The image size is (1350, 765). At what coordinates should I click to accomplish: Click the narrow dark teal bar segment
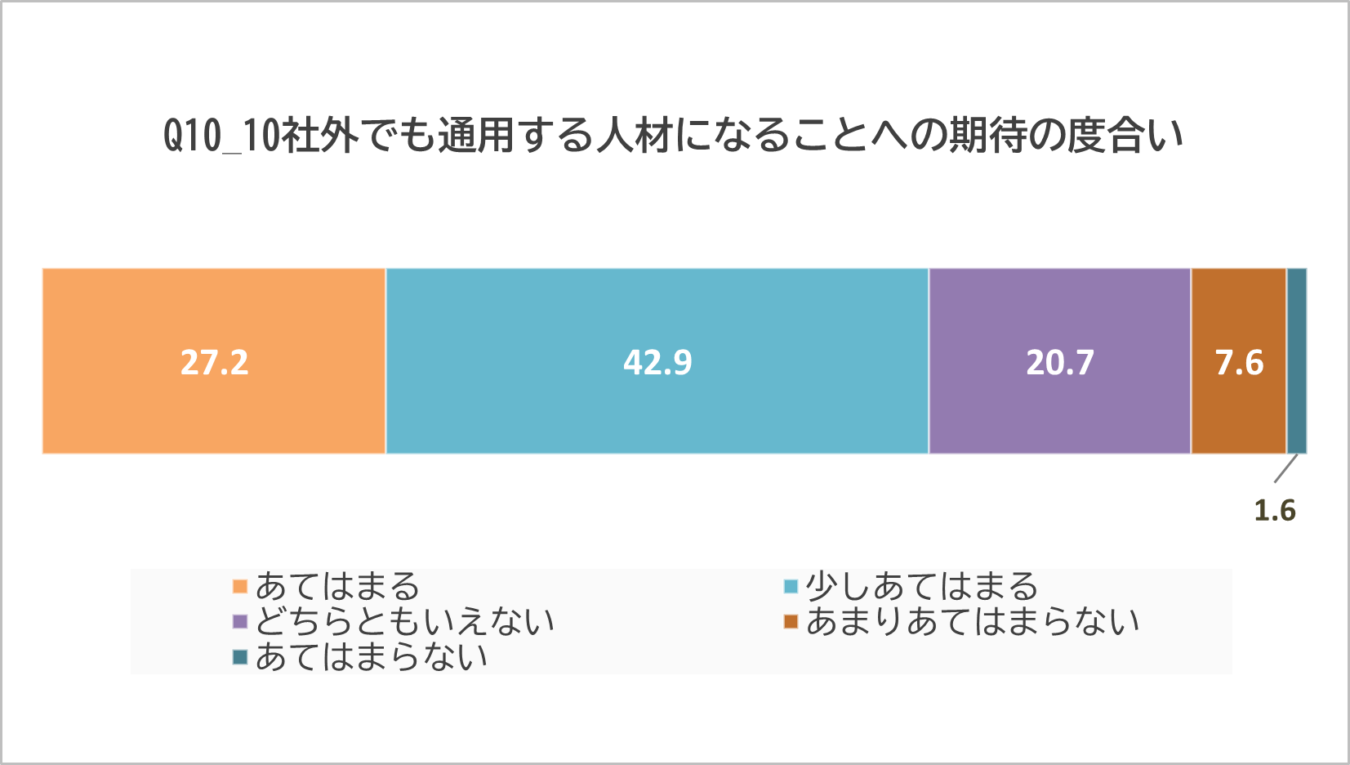[1297, 360]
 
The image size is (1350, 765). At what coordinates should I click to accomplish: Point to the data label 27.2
[214, 362]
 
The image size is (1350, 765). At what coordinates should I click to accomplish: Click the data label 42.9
[657, 362]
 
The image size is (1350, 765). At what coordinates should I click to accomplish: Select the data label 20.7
[1060, 362]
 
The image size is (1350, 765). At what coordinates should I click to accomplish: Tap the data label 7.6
[1239, 362]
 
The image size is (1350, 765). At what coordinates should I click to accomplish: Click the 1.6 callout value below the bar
[1275, 511]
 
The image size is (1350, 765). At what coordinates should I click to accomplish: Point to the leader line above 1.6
[1285, 469]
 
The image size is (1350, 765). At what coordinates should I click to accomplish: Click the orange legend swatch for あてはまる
[240, 587]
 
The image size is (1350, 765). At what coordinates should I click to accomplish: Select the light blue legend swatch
[791, 587]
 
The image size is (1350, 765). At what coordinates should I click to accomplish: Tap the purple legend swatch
[240, 622]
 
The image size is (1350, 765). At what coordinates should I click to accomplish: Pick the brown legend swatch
[791, 622]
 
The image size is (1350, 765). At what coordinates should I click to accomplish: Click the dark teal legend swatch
[240, 657]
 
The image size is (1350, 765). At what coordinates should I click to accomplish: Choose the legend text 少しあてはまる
[921, 587]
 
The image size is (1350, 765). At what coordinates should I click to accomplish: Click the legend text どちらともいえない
[405, 622]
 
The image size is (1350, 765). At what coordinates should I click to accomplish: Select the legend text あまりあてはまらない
[973, 622]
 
